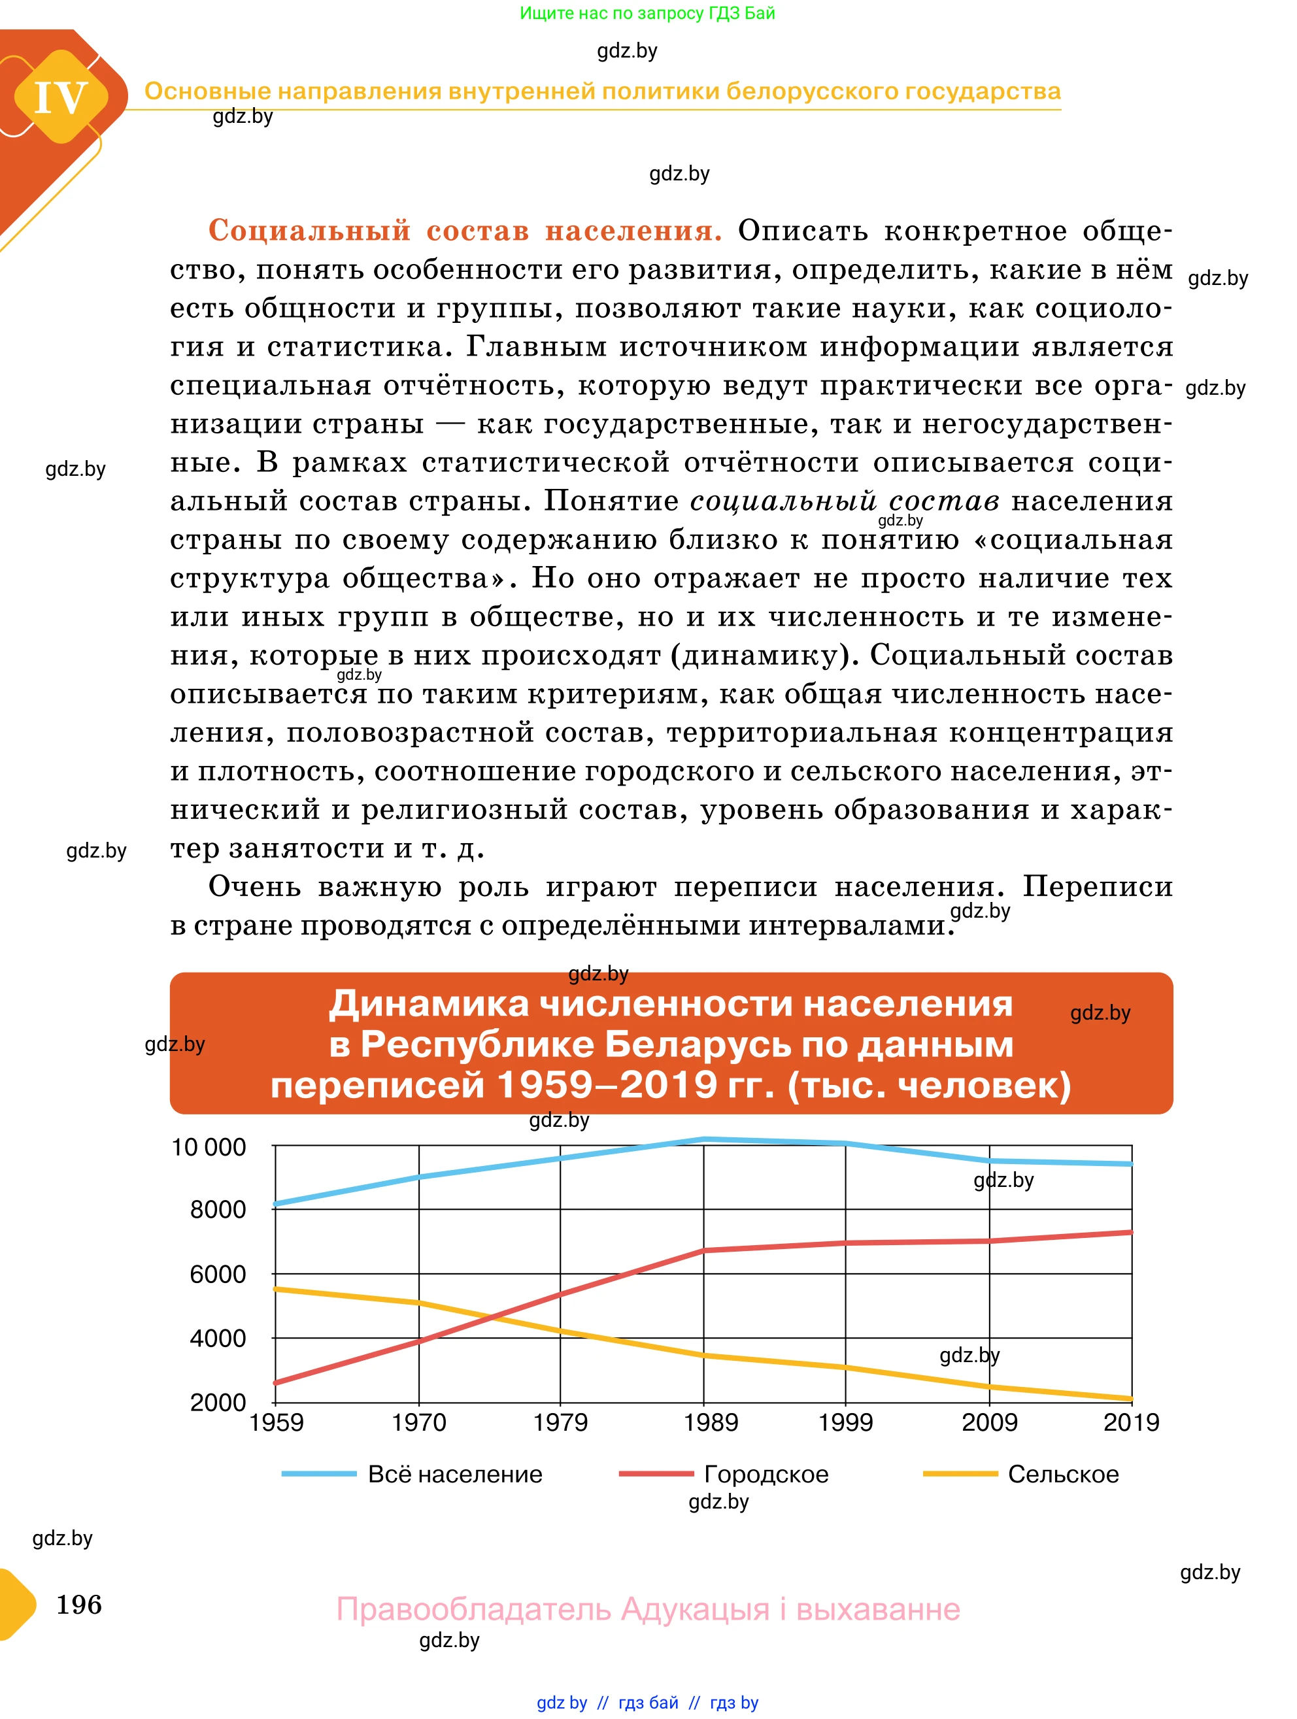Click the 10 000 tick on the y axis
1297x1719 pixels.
209,1147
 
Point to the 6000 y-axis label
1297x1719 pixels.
218,1275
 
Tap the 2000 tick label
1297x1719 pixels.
218,1403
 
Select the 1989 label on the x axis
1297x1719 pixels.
711,1423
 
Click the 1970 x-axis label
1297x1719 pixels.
418,1423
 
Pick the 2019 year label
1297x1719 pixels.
1131,1423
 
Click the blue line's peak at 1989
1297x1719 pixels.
704,1139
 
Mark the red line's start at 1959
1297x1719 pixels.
276,1382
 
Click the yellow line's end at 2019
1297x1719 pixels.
1132,1399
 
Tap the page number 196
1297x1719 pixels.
78,1605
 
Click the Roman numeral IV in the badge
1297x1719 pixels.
61,98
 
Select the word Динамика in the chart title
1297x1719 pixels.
428,1004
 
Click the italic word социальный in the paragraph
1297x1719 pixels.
783,501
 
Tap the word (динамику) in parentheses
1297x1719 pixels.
765,655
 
